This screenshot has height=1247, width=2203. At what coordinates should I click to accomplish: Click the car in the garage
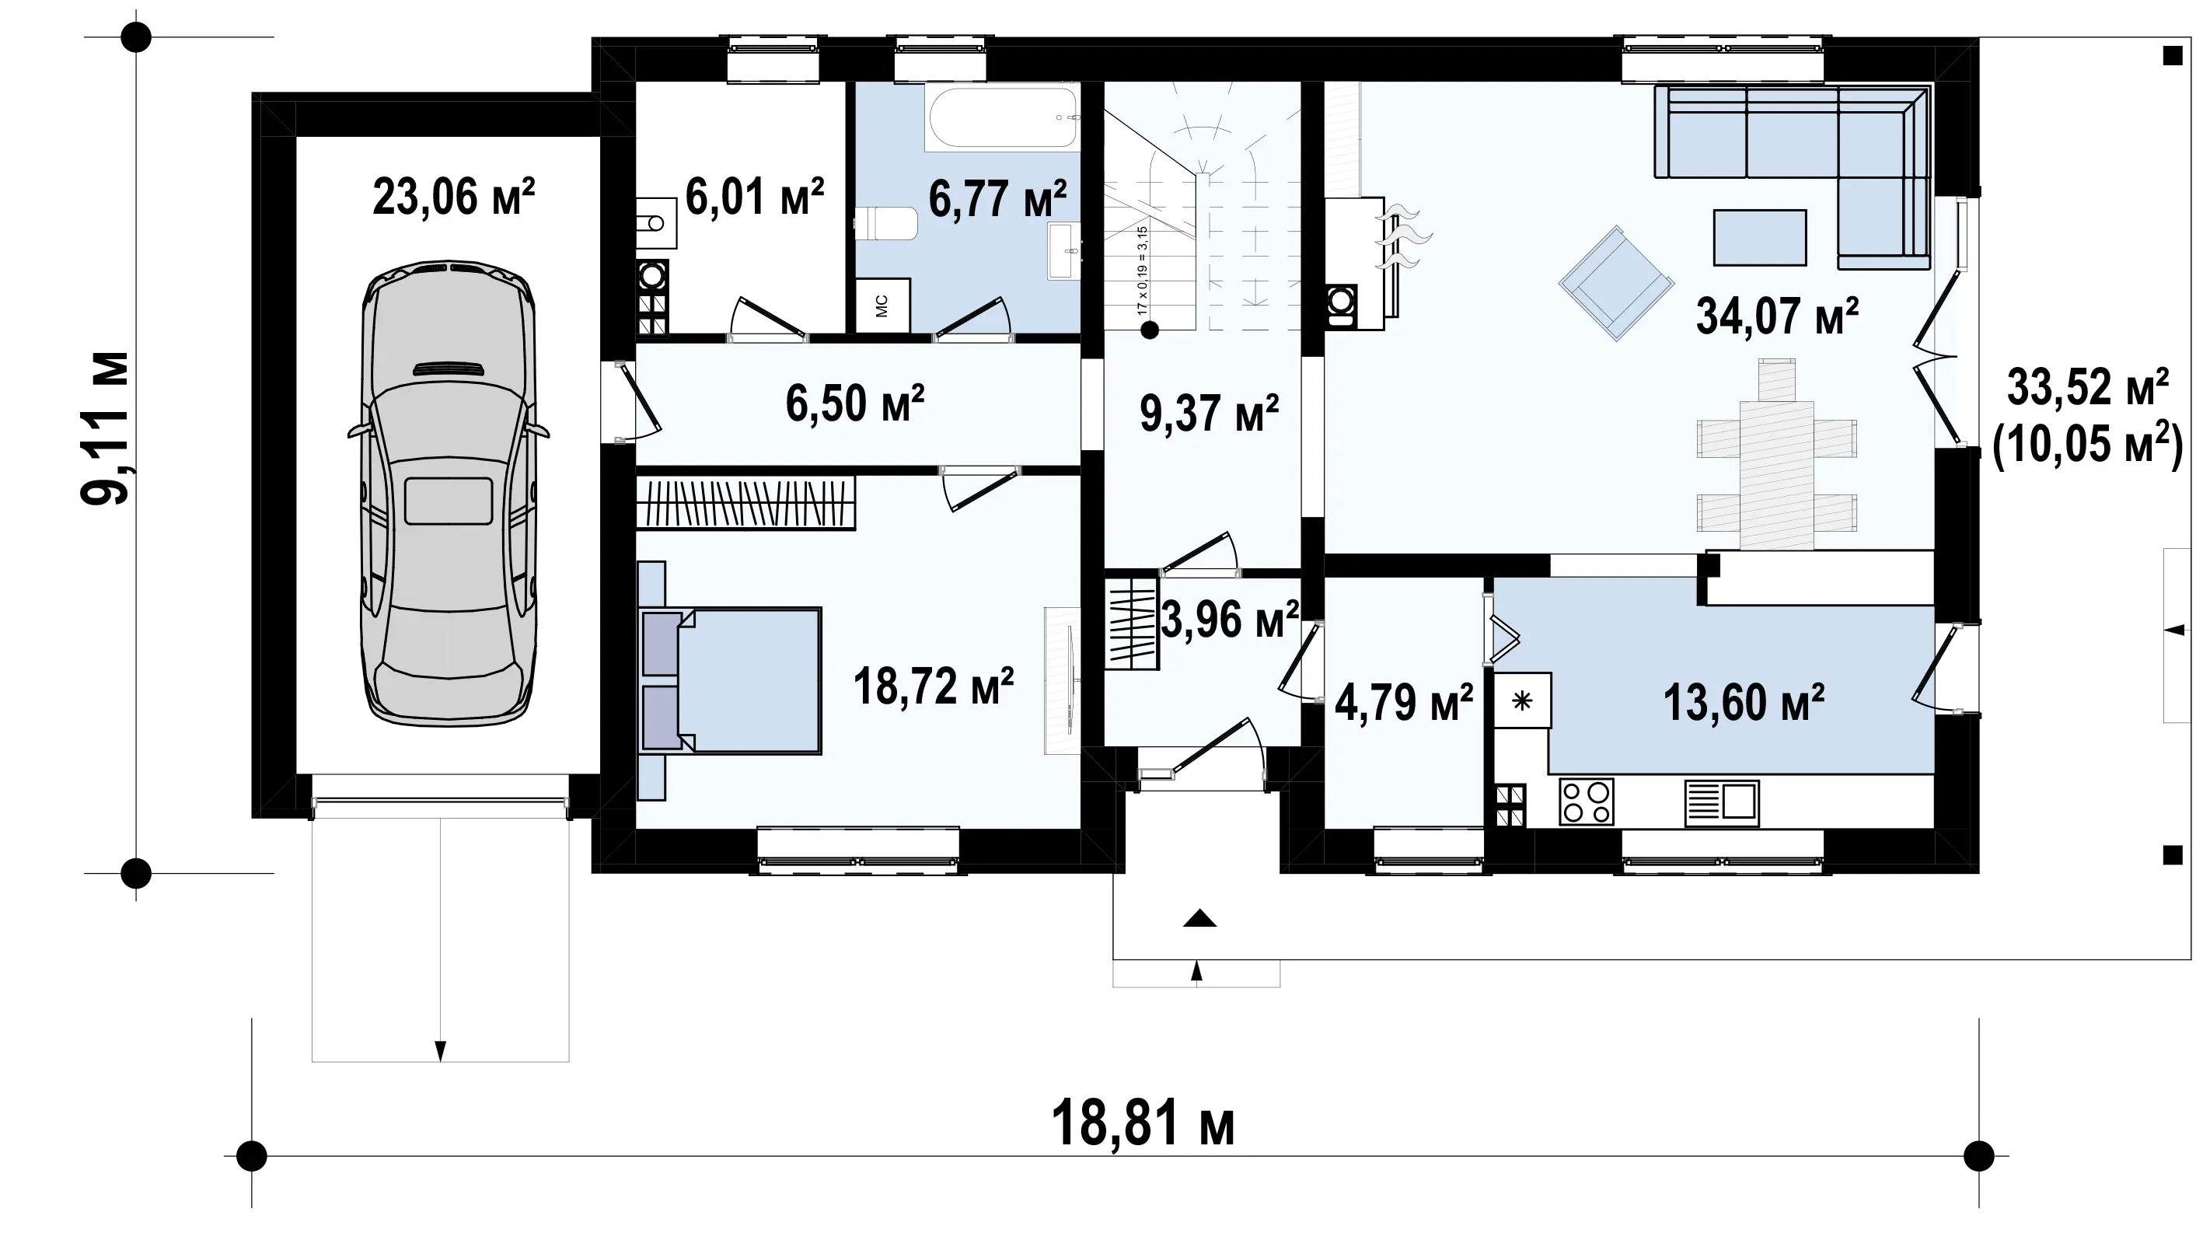click(448, 494)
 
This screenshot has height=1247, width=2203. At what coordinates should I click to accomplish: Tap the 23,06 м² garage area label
click(454, 197)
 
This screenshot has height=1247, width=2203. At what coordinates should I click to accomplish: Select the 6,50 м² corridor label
click(854, 404)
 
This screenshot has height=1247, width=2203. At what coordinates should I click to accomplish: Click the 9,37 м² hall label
click(1209, 414)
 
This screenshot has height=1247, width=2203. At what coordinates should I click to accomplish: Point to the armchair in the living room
click(1615, 284)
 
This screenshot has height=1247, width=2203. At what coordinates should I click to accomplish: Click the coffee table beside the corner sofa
click(1759, 237)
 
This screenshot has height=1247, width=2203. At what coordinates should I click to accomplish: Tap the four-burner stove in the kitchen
click(1586, 802)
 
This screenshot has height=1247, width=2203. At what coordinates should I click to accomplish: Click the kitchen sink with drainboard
click(1722, 802)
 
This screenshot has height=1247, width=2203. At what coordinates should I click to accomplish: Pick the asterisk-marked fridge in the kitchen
click(1522, 700)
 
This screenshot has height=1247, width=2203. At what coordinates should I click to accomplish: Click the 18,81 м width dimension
click(1142, 1124)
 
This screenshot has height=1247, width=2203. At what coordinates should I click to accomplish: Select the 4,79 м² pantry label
click(1404, 703)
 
